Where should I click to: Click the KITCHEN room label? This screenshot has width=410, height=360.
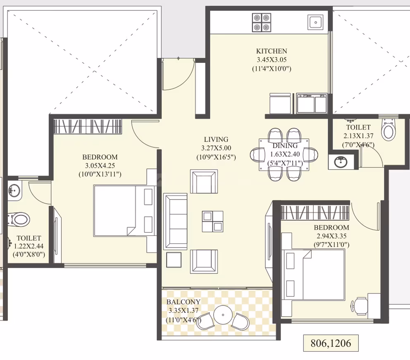pos(272,51)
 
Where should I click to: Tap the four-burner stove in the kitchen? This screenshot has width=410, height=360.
pos(262,22)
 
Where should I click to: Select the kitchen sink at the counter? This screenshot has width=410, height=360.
pos(316,22)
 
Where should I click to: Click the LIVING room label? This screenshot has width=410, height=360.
pos(216,139)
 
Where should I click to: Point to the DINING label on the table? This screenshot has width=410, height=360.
pos(285,146)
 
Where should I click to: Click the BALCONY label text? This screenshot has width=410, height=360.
pos(183,302)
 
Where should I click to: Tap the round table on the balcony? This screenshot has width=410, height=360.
pos(223,315)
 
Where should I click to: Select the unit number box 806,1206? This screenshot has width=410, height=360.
pos(331,343)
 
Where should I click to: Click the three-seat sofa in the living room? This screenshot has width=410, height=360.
pos(176,221)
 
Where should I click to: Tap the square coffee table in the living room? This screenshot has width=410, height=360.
pos(212,221)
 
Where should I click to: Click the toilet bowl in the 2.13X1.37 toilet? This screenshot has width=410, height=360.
pos(388,130)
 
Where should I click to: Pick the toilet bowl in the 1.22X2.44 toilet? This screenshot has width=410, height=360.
pos(19,219)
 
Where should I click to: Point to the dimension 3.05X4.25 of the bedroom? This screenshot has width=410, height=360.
pos(100,166)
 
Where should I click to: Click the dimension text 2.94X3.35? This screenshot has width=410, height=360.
pos(331,236)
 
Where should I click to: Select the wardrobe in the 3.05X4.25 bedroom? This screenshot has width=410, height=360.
pos(88,127)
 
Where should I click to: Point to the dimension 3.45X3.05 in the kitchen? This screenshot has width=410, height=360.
pos(272,60)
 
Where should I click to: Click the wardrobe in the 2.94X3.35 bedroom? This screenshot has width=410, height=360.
pos(315,213)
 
